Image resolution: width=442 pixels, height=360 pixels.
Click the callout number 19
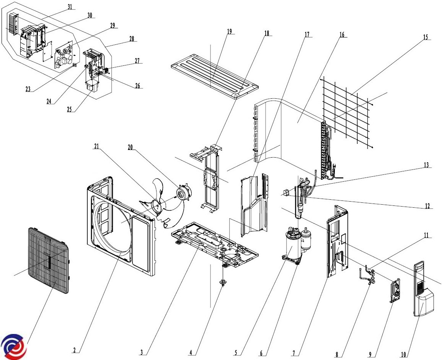(229, 31)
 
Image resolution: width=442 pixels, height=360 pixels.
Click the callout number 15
(425, 37)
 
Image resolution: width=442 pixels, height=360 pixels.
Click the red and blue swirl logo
(13, 346)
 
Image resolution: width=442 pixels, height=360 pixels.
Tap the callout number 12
(427, 206)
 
